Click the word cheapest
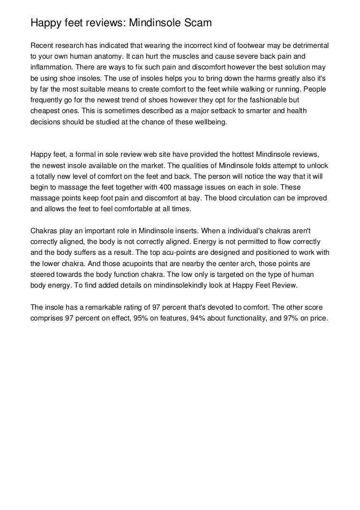(x=45, y=112)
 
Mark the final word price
(x=322, y=318)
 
